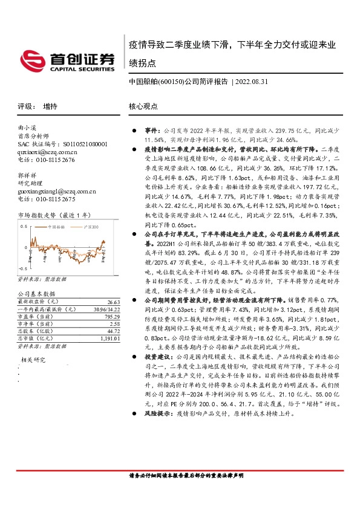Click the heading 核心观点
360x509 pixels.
pos(143,106)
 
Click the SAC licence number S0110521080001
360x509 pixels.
pos(85,145)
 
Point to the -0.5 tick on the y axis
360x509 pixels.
pos(22,267)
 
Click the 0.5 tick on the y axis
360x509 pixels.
pos(24,225)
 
